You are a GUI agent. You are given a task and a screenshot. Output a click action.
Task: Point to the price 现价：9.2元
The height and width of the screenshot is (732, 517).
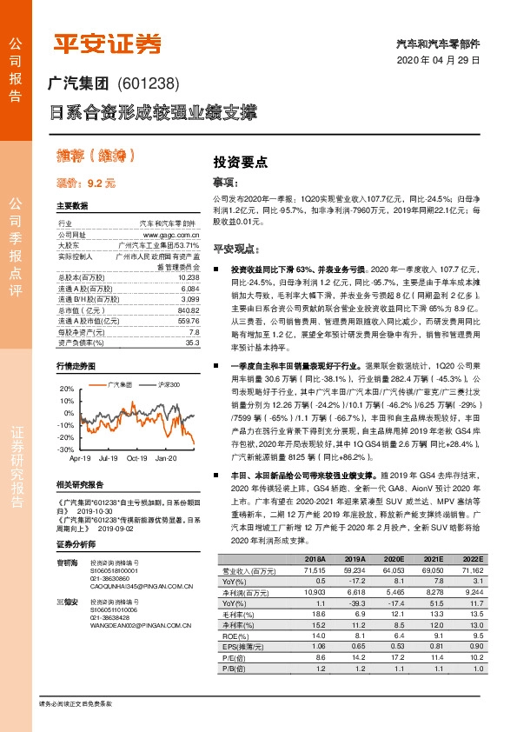(85, 184)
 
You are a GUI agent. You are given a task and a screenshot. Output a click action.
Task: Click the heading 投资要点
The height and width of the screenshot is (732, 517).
(241, 162)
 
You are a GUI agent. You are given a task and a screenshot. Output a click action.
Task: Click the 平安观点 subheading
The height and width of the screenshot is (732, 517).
(237, 246)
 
